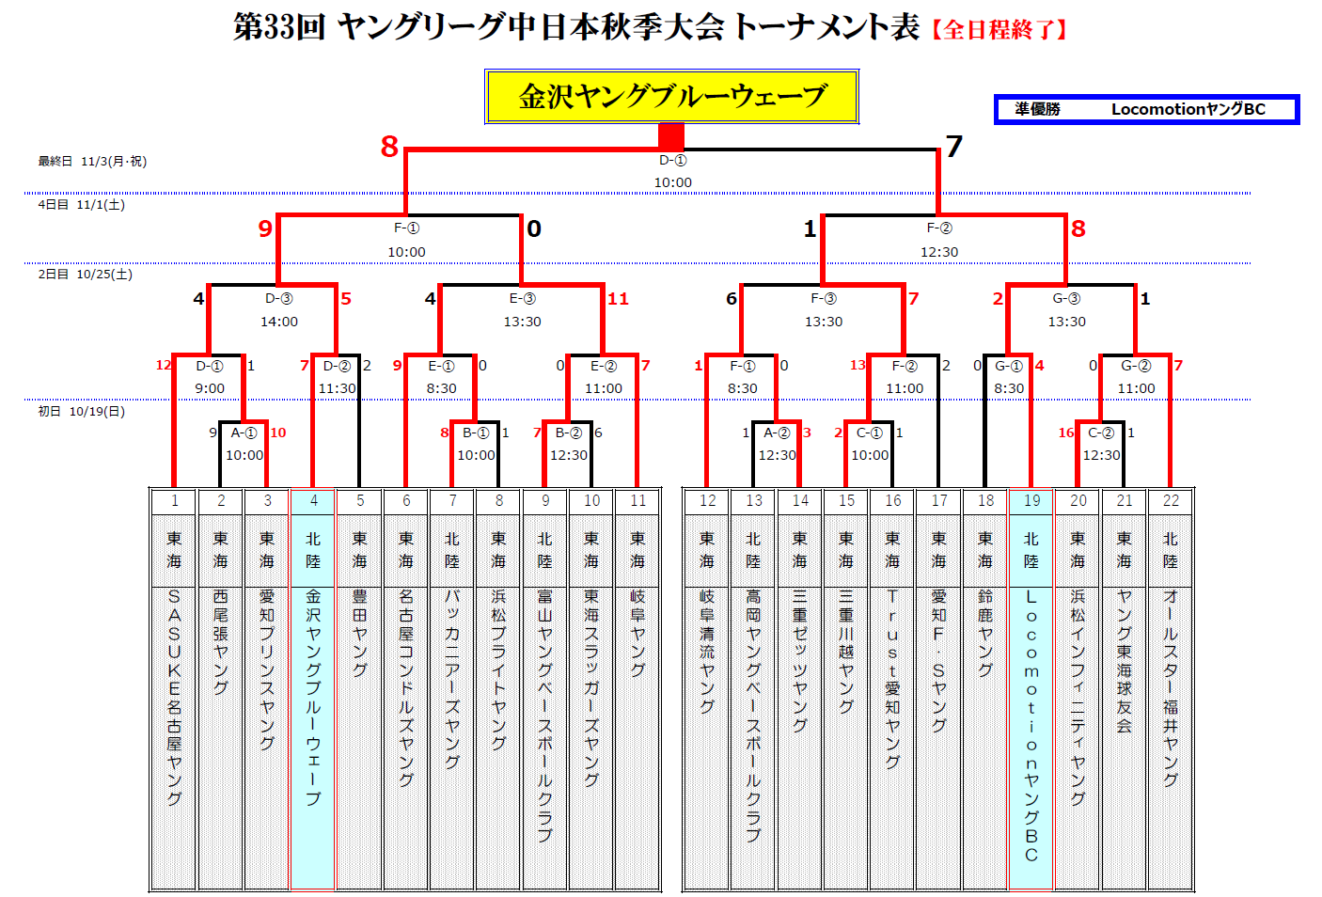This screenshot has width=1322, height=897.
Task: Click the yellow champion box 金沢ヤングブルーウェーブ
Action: pos(671,96)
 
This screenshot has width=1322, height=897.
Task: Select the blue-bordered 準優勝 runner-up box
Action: pos(1146,109)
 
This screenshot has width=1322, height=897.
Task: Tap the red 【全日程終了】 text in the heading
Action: pos(999,30)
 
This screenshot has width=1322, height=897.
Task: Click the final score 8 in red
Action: pos(389,147)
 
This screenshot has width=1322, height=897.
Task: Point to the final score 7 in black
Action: pos(954,147)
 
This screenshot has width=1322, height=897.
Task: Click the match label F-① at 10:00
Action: pos(406,228)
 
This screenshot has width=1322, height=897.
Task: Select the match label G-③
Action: pos(1066,299)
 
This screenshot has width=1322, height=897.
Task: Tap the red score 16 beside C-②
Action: pos(1065,433)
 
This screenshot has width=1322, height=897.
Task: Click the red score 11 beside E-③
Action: pos(618,299)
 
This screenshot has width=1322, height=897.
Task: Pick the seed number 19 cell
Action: pos(1031,501)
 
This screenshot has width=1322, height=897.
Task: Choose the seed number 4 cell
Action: pos(314,501)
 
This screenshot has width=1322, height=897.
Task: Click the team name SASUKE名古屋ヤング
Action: pos(174,697)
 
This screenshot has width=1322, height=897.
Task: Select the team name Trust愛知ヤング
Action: pos(892,678)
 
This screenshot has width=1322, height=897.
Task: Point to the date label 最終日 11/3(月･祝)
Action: pos(92,162)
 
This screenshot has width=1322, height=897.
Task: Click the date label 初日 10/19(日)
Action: pos(81,412)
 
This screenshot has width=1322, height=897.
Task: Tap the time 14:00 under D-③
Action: pos(279,322)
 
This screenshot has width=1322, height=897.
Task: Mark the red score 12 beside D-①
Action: pos(164,366)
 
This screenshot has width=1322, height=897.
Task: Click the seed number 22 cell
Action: pos(1171,501)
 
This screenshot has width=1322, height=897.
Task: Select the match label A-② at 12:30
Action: pos(777,433)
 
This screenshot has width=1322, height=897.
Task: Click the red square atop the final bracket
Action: pos(671,136)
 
